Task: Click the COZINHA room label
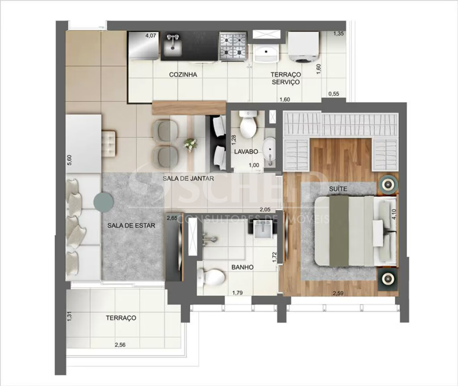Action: coord(183,74)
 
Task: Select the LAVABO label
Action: coord(246,152)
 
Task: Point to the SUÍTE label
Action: coord(338,189)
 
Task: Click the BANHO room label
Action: coord(242,267)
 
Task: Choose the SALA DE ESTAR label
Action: coord(131,226)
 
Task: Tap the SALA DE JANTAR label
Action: coord(188,178)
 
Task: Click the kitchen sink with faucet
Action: coord(172,45)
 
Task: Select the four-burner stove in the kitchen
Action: coord(233,47)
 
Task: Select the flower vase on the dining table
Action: coord(190,145)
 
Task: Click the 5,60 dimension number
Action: coord(70,160)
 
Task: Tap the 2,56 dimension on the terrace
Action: coord(120,345)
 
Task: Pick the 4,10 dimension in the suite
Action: coord(395,214)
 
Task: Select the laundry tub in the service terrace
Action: coord(266,53)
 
